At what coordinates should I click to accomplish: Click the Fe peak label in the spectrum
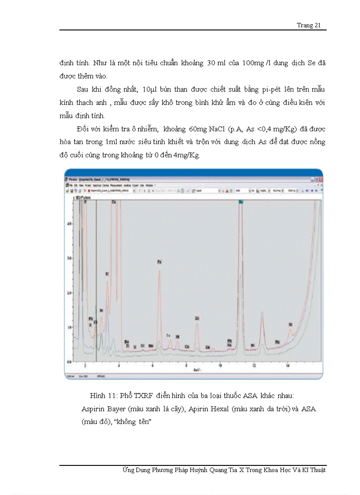click(x=160, y=262)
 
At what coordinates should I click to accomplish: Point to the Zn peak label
click(x=197, y=318)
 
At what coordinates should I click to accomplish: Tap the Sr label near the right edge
click(x=290, y=324)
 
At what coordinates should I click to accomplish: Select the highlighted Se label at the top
click(x=241, y=201)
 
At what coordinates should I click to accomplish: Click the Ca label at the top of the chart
click(x=114, y=201)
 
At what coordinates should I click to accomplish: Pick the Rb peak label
click(x=277, y=342)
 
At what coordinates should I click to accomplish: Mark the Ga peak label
click(x=207, y=347)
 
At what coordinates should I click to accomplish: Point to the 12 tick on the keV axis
click(x=254, y=366)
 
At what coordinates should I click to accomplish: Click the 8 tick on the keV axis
click(x=186, y=366)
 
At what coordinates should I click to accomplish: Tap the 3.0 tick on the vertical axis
click(x=69, y=257)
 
